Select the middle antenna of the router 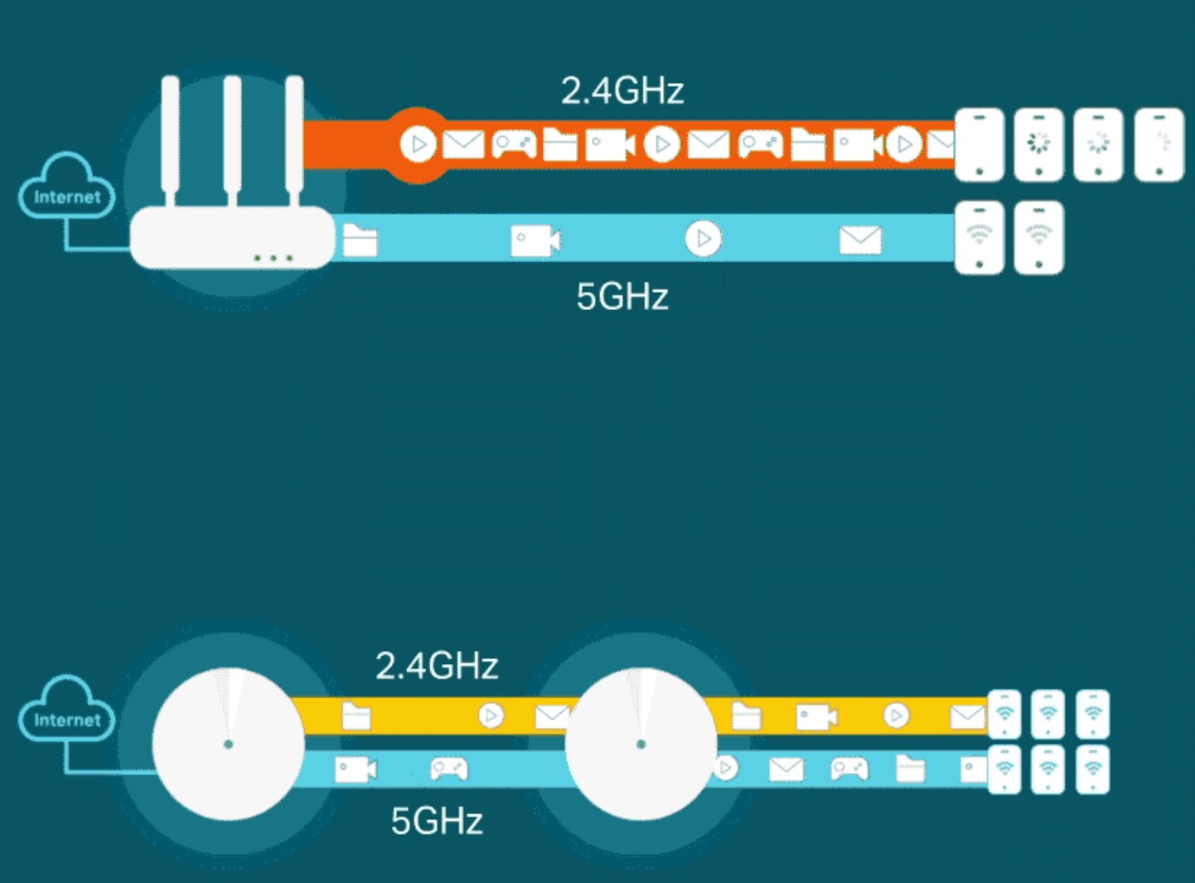(x=232, y=137)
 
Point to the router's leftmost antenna (x=171, y=137)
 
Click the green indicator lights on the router (x=273, y=258)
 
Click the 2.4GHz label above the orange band (x=622, y=90)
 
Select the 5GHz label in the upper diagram (x=622, y=296)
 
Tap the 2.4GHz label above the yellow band (x=437, y=666)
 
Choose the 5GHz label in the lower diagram (x=437, y=821)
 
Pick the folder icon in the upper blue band (x=360, y=240)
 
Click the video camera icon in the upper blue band (x=535, y=240)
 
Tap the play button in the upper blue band (x=704, y=239)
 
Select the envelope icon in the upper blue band (x=860, y=240)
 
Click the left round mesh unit (x=229, y=744)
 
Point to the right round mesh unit (x=641, y=744)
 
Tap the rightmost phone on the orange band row (x=1159, y=144)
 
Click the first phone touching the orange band (x=980, y=144)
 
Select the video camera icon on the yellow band (x=816, y=716)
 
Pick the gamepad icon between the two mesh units (x=449, y=769)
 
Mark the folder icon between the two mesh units (x=356, y=716)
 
